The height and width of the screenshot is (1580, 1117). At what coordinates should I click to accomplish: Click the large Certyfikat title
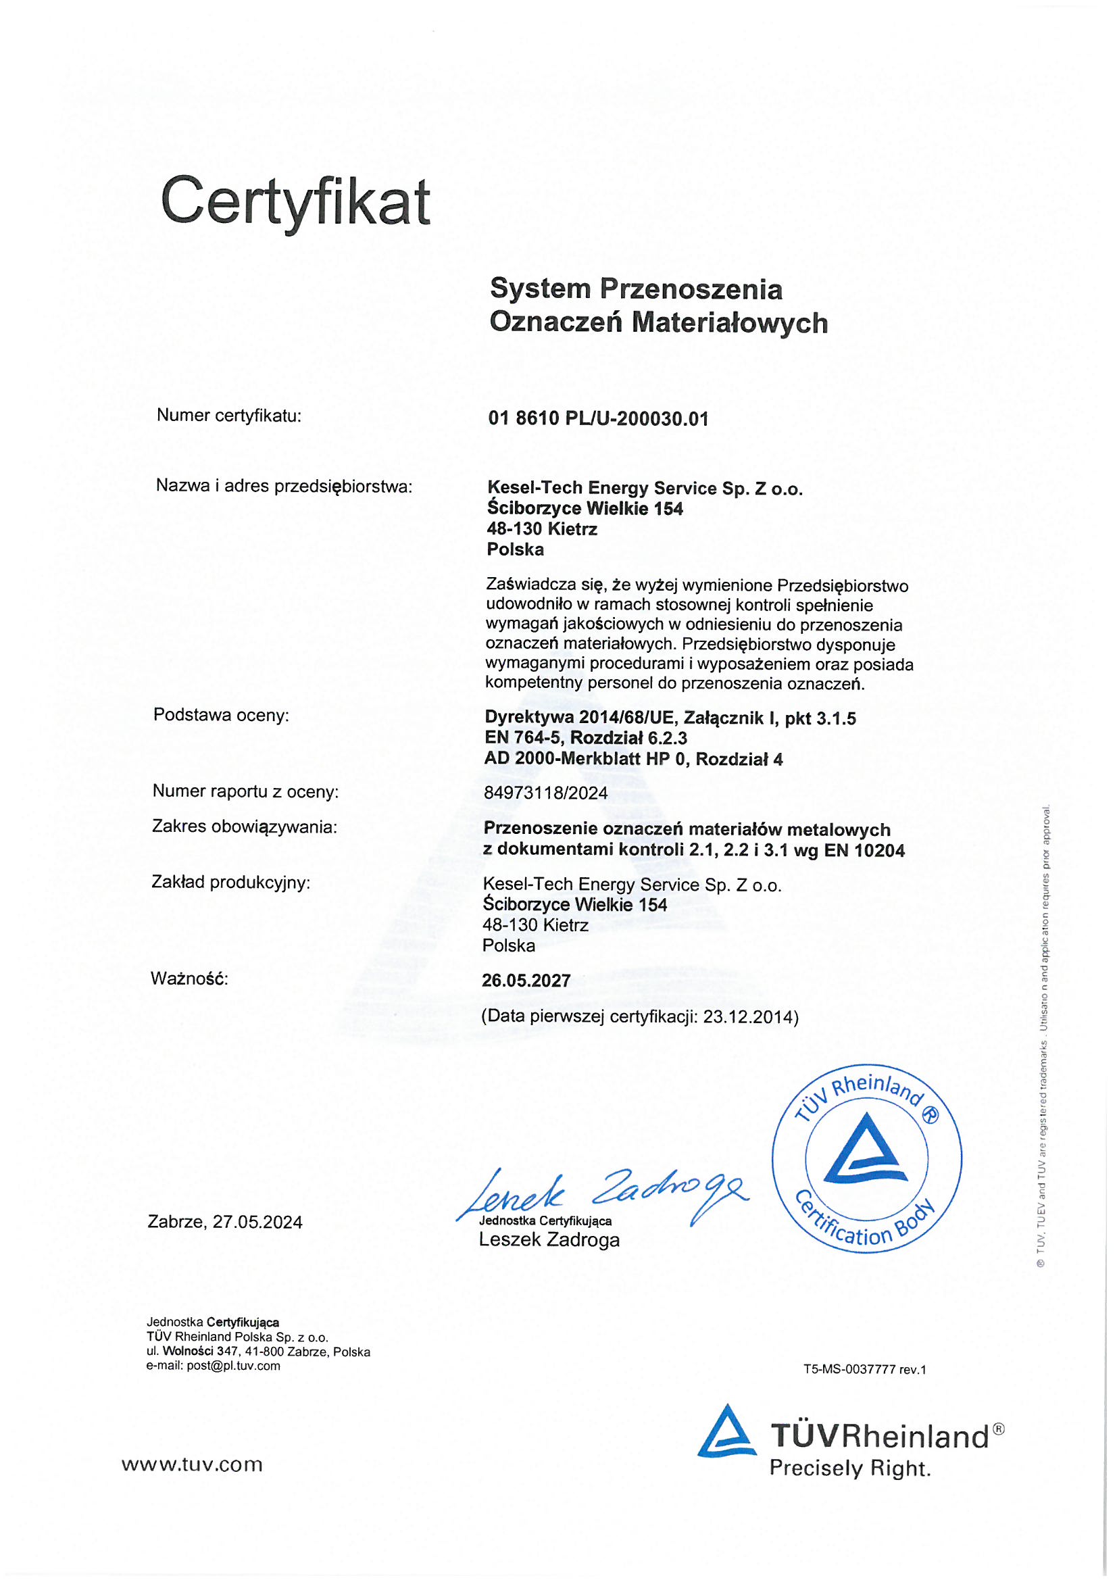coord(295,202)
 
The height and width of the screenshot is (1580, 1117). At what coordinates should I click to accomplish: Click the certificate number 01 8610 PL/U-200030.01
coord(598,418)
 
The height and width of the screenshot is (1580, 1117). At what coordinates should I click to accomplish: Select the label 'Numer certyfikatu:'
coord(229,416)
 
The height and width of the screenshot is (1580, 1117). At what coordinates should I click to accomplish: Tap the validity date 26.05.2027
coord(526,981)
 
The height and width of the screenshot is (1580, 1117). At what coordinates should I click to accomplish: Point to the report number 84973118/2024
coord(546,793)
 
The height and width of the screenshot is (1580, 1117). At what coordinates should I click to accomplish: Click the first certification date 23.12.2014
coord(748,1017)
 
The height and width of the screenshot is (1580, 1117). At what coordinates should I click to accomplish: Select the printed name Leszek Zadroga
coord(549,1240)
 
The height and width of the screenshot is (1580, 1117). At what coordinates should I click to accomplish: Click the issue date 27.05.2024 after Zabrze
coord(257,1222)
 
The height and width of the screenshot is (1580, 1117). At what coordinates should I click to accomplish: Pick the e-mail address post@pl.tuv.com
coord(233,1366)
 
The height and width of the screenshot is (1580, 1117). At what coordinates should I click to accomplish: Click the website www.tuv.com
coord(193,1464)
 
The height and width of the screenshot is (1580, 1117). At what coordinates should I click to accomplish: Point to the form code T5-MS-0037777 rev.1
coord(864,1369)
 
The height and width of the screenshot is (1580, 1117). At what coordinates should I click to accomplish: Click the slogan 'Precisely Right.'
coord(850,1468)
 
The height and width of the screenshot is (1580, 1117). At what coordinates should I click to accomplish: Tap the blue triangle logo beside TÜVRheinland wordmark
coord(726,1432)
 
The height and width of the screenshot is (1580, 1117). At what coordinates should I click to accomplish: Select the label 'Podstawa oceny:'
coord(221,715)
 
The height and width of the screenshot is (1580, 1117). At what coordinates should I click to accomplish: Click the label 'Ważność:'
coord(189,979)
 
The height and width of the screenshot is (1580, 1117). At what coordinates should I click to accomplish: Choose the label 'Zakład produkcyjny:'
coord(230,882)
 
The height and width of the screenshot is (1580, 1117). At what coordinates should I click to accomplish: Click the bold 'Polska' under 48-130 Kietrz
coord(516,549)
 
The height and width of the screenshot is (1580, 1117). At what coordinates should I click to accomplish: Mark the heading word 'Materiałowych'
coord(730,323)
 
